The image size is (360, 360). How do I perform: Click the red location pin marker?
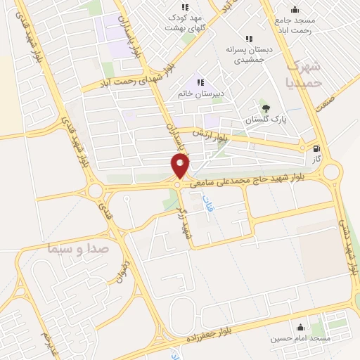180,167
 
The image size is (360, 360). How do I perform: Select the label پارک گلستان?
266,120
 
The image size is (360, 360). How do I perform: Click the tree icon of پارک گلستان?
266,108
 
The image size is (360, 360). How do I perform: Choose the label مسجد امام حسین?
302,338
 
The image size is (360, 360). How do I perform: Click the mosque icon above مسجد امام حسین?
301,327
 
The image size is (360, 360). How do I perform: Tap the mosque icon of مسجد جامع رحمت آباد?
294,9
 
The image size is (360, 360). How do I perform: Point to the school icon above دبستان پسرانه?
247,39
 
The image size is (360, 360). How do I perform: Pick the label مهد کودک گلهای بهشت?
184,22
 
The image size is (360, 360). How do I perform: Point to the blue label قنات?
207,204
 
